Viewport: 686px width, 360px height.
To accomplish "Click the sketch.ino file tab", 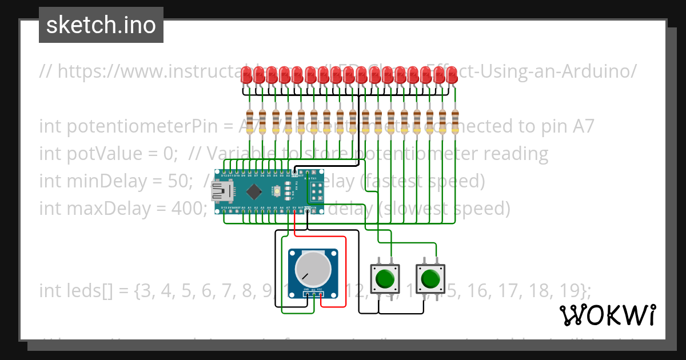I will point(101,25).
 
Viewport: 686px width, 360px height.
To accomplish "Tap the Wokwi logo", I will point(607,315).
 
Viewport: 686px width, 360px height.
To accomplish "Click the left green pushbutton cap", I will point(385,279).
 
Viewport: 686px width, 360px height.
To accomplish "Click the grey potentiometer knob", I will point(313,269).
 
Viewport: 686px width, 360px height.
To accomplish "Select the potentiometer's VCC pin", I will point(320,295).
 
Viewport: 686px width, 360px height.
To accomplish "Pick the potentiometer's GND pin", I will point(306,295).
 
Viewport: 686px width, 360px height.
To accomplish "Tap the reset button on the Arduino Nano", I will point(277,190).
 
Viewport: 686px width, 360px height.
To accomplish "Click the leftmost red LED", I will point(247,75).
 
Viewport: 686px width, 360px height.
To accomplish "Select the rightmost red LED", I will point(452,75).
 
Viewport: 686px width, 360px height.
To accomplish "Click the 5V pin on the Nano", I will point(294,211).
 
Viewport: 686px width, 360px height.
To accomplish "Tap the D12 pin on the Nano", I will point(224,171).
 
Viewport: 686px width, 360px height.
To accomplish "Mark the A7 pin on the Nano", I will point(288,211).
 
